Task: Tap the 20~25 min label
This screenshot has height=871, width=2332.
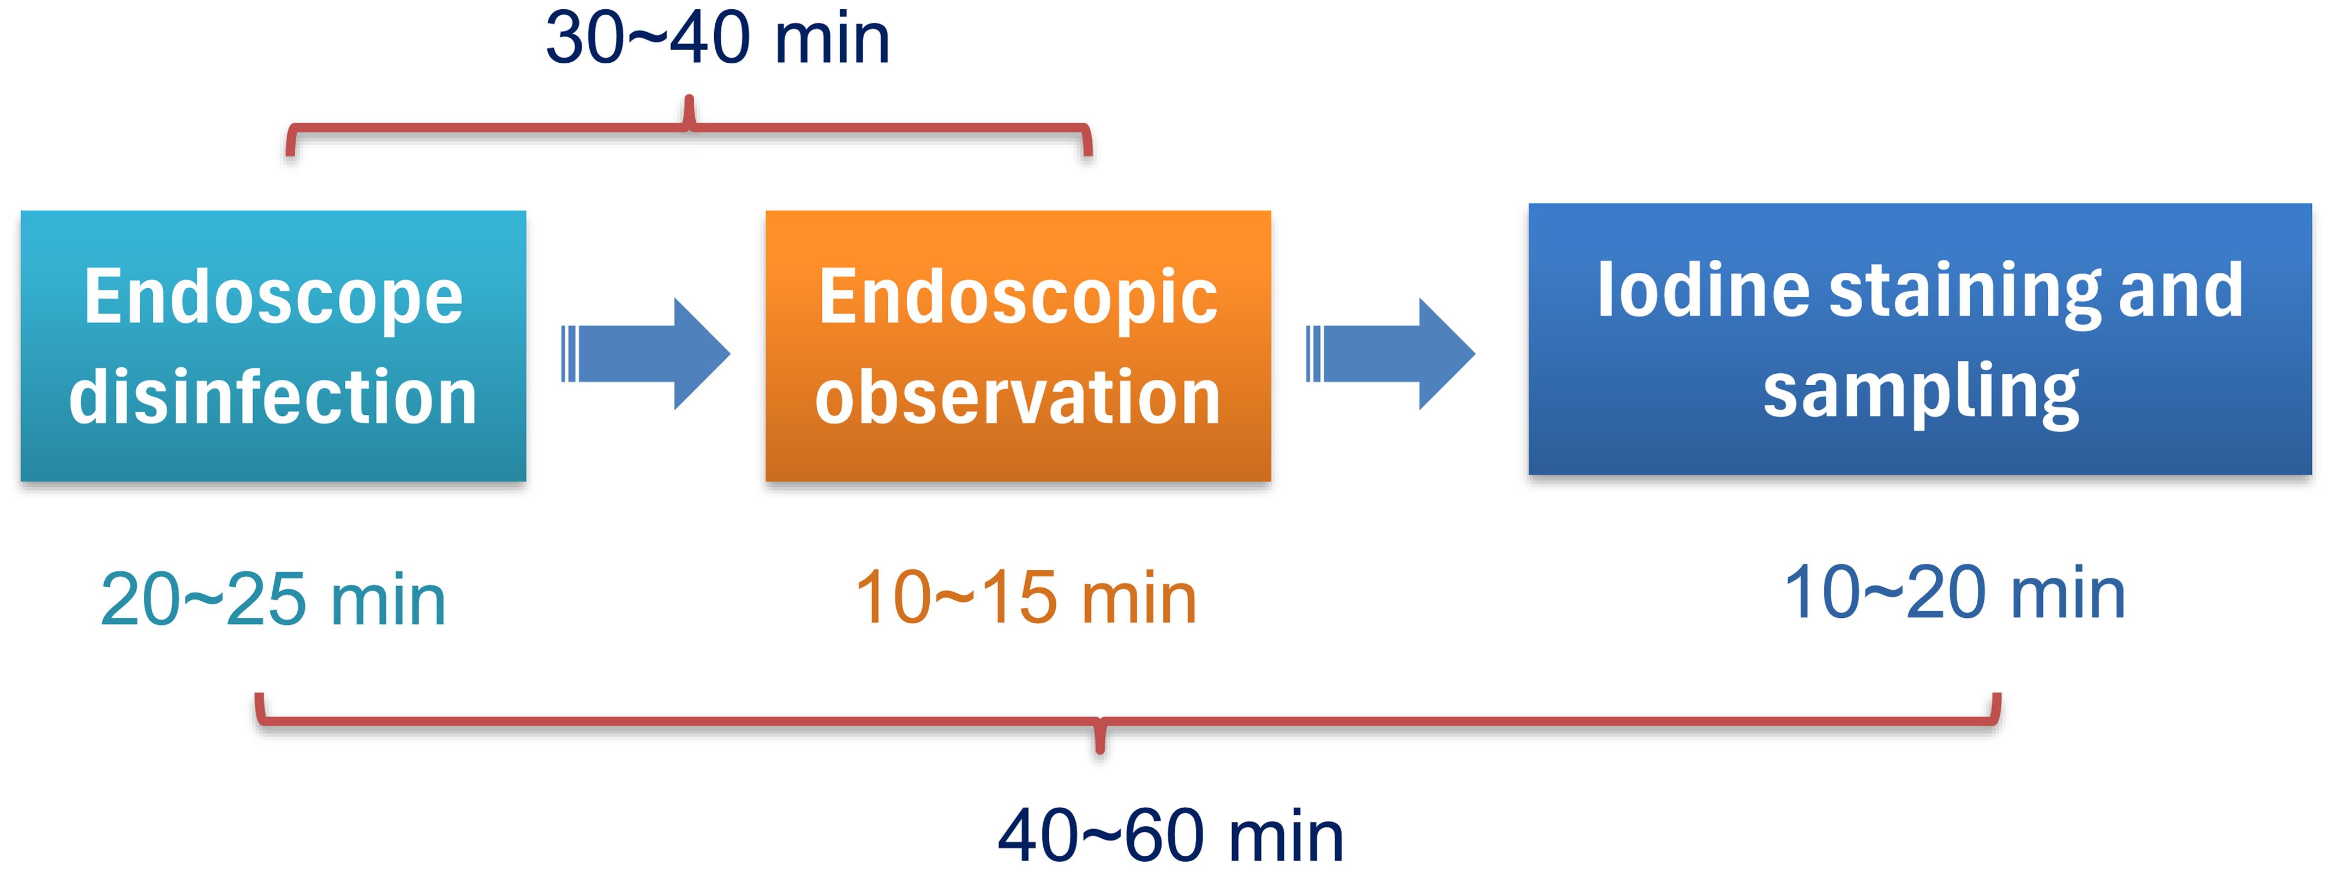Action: pyautogui.click(x=273, y=599)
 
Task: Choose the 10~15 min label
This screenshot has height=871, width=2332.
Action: pyautogui.click(x=1026, y=598)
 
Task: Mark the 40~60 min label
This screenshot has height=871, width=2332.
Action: pyautogui.click(x=1170, y=835)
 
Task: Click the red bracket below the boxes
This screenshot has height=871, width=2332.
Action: pyautogui.click(x=1100, y=721)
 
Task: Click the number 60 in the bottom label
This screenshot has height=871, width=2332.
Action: pyautogui.click(x=1163, y=835)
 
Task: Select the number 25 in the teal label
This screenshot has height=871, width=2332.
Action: pyautogui.click(x=266, y=599)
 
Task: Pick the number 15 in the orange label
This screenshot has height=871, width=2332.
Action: pyautogui.click(x=1019, y=598)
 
